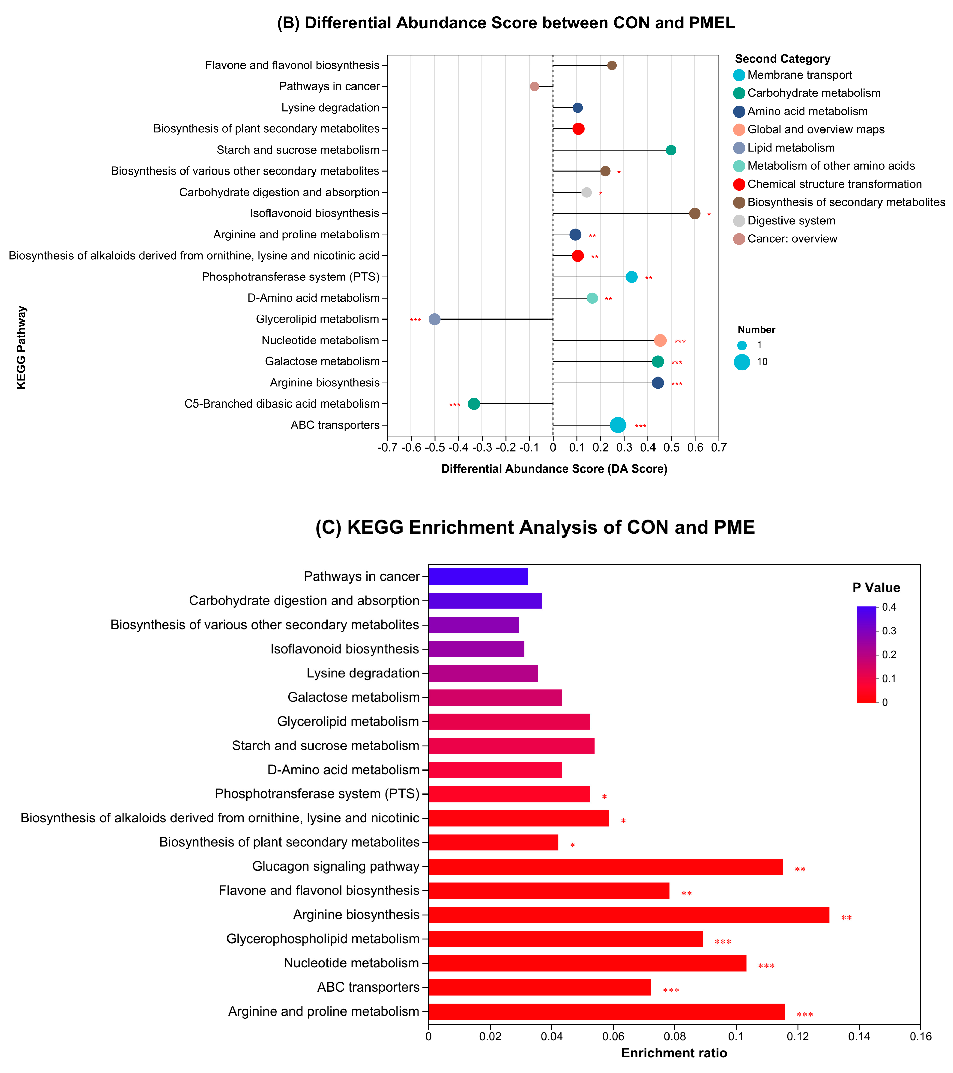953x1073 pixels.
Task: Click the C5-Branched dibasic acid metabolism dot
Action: point(474,404)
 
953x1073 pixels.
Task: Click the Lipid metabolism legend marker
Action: point(739,148)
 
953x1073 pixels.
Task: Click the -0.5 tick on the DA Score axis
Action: point(435,447)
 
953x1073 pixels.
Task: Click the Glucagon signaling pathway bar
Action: point(605,867)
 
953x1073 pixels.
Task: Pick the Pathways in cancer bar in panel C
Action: point(478,576)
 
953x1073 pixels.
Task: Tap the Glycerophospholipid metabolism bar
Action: point(565,939)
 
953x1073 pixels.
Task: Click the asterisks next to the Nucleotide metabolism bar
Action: point(766,966)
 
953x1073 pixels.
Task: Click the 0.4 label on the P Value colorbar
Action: point(889,607)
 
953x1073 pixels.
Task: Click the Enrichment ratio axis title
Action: point(674,1053)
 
